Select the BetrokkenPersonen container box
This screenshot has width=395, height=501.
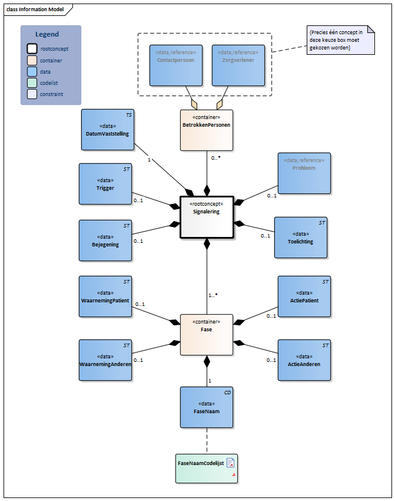(206, 130)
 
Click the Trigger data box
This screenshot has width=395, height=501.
(105, 184)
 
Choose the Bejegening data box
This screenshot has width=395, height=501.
(105, 240)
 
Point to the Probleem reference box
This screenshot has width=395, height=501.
(304, 173)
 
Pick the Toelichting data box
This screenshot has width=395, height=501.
(300, 238)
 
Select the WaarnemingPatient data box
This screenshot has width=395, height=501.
(105, 296)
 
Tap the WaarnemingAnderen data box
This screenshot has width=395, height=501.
(105, 360)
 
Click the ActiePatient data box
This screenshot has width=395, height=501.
(304, 296)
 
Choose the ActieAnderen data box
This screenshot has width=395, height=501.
(304, 360)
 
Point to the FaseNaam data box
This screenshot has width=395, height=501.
(206, 407)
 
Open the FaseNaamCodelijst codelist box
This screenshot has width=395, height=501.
(206, 468)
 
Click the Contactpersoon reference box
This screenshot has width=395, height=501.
(175, 65)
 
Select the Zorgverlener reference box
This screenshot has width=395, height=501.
(237, 65)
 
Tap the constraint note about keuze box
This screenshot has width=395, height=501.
(340, 40)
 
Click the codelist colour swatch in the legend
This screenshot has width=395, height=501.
(32, 83)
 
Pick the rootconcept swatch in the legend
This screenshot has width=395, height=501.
(32, 49)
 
